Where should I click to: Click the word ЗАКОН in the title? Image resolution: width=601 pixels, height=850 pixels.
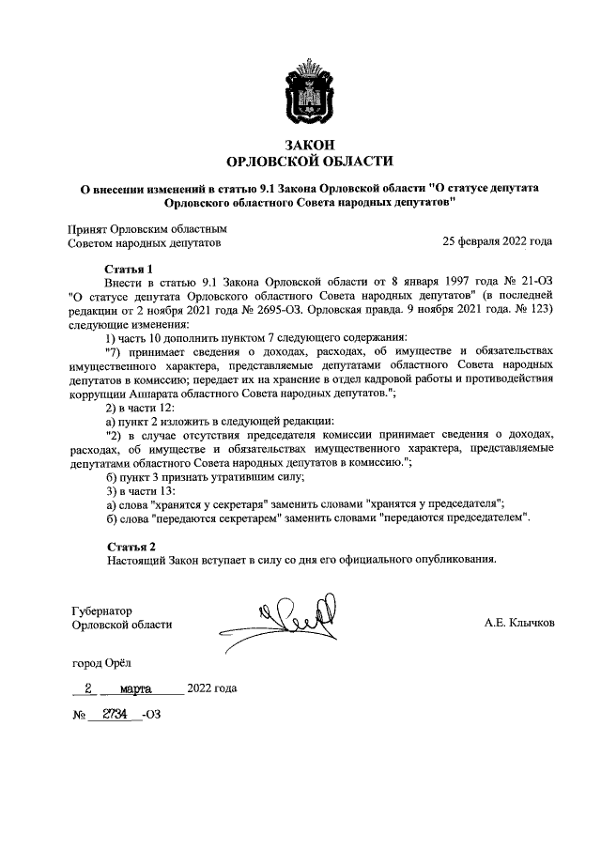301,143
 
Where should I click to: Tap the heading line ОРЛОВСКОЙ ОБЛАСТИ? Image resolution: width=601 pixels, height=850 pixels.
301,161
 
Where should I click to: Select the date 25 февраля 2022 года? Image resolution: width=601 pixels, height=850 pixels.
498,241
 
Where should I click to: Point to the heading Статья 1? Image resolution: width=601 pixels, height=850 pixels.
129,269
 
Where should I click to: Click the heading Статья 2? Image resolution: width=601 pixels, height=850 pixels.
130,546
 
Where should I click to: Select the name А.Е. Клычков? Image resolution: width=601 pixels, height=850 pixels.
519,622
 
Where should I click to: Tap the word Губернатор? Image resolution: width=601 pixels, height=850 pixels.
102,610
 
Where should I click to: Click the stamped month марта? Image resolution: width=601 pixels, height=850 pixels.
124,688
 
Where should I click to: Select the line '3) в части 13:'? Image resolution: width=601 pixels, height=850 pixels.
142,490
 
